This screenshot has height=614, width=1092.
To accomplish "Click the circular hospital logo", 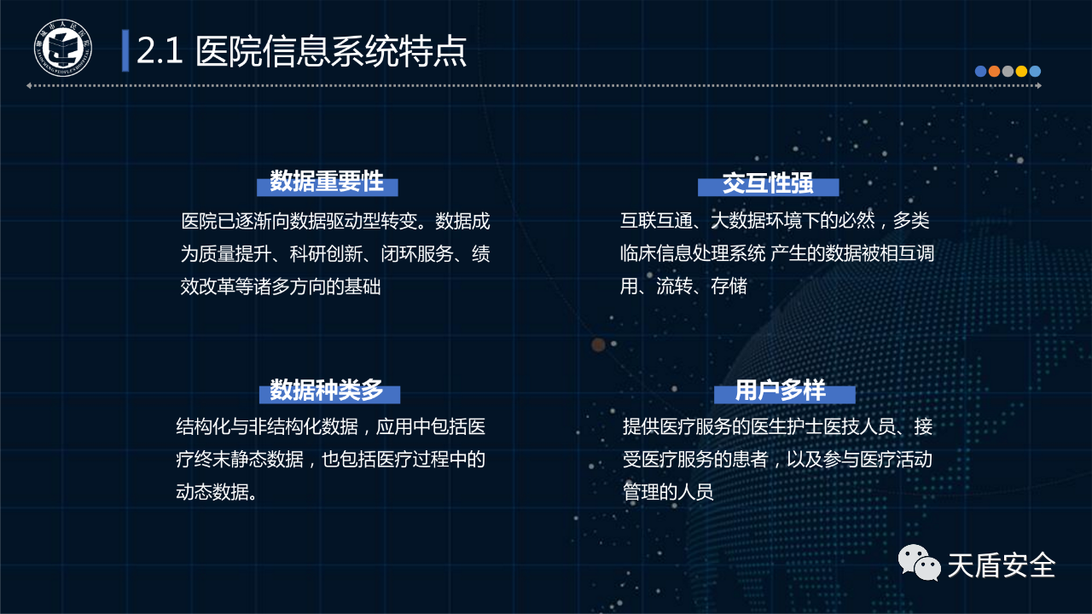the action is [x=63, y=48].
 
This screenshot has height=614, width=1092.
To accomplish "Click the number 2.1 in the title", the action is [x=160, y=50].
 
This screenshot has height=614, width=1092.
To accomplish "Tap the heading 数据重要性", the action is [x=327, y=182].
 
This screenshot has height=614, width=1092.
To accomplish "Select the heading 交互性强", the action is [x=768, y=183].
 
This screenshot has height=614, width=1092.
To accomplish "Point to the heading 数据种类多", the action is [x=327, y=390].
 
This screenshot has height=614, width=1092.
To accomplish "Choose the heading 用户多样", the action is [x=780, y=390].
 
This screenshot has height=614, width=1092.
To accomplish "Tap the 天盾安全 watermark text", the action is [x=1002, y=565].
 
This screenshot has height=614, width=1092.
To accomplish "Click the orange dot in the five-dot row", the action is [x=994, y=71].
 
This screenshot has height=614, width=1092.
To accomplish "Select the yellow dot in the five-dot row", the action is [x=1021, y=71].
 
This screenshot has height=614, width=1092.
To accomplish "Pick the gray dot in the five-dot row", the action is [x=1008, y=71].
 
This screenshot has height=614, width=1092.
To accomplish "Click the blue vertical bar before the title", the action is [x=125, y=50].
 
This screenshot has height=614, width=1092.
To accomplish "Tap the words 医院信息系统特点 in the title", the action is [x=331, y=50].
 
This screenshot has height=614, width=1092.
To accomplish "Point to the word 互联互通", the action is [x=656, y=221].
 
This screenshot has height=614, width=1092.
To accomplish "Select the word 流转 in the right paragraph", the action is [x=674, y=286].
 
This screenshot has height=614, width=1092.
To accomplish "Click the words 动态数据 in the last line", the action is [x=212, y=492].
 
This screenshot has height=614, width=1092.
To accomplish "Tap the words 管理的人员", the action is [x=668, y=492].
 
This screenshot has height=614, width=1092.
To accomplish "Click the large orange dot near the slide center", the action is [x=598, y=345].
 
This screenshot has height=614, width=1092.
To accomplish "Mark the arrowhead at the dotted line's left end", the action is [x=29, y=86].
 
